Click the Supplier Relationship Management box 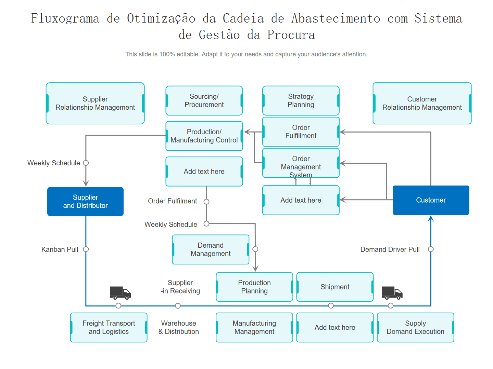95,103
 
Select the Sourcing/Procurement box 204,100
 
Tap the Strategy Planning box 301,100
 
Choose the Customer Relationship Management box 422,103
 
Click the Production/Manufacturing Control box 204,136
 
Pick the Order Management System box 301,163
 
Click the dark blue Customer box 431,200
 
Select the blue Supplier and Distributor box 85,202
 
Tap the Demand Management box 211,249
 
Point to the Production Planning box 254,287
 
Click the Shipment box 335,287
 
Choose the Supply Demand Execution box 415,327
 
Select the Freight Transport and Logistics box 109,327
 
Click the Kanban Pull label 60,249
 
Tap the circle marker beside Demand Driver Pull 431,249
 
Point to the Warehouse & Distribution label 179,327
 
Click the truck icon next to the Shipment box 392,293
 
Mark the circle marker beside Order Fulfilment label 206,202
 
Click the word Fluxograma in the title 65,18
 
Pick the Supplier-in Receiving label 180,287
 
